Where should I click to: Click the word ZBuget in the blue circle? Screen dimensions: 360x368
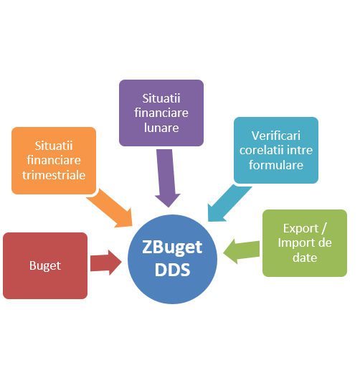[x=172, y=248]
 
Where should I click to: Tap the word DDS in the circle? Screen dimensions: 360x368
[x=172, y=270]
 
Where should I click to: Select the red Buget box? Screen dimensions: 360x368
[x=45, y=265]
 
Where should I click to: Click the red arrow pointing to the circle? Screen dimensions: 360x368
[x=106, y=263]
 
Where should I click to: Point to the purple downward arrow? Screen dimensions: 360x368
[x=167, y=178]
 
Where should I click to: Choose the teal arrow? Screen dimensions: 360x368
[x=227, y=203]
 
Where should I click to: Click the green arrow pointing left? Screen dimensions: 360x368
[x=242, y=252]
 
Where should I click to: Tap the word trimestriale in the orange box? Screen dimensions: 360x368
[x=54, y=175]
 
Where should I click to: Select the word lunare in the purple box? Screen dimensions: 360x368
[x=161, y=128]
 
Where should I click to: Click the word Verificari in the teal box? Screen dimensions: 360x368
[x=276, y=136]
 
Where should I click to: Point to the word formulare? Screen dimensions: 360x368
[x=276, y=165]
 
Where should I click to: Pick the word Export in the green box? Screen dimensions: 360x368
[x=300, y=229]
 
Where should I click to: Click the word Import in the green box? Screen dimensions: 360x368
[x=293, y=243]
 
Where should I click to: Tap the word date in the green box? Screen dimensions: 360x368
[x=305, y=258]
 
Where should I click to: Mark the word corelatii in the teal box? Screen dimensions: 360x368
[x=261, y=150]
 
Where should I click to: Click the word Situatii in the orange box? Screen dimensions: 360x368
[x=54, y=146]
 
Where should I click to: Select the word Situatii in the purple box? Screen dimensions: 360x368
[x=161, y=98]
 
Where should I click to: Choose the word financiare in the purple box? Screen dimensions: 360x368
[x=161, y=113]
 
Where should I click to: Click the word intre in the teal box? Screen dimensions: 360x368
[x=300, y=150]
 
